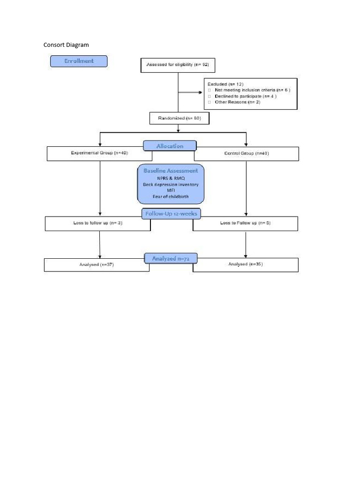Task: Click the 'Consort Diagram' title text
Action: coord(66,45)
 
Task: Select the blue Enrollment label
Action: coord(79,61)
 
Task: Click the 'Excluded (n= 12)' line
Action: coord(226,84)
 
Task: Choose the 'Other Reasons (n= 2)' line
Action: coord(237,102)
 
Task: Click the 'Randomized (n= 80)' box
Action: coord(179,118)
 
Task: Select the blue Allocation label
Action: coord(170,146)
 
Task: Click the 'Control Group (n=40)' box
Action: coord(247,153)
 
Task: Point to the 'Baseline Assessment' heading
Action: coord(171,171)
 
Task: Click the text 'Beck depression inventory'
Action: coord(171,184)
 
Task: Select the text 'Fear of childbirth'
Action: coord(171,196)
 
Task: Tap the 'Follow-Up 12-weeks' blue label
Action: coord(171,214)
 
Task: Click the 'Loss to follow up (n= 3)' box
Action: coord(97,223)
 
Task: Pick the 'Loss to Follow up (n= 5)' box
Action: coord(245,223)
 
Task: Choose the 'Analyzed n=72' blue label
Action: coord(171,258)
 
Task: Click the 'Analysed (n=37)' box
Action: coord(97,264)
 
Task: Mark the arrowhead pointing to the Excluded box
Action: coord(202,92)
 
